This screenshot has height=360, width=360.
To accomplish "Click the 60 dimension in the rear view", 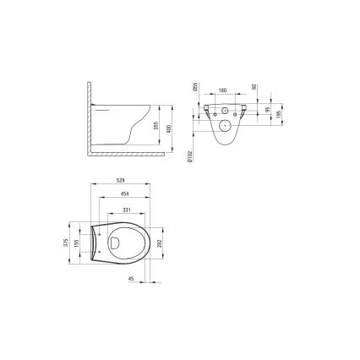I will point(254,88).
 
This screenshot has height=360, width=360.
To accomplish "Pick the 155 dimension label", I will point(77,243).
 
